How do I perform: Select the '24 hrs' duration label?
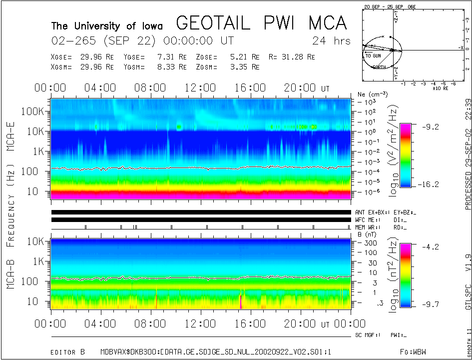tap(331, 41)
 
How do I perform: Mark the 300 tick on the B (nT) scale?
tap(370, 243)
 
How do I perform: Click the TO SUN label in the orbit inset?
tap(373, 56)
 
